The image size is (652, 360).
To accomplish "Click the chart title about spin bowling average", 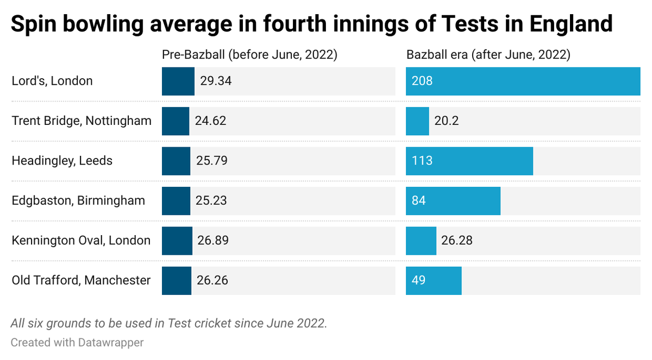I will click(x=311, y=24).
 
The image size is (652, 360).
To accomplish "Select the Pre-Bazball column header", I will click(x=250, y=55).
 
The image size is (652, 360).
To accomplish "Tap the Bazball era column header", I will click(x=488, y=55).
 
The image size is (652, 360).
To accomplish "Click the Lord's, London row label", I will click(x=52, y=81).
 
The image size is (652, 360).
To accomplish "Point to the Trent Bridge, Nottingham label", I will click(x=81, y=121).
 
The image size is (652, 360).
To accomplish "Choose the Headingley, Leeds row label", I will click(x=62, y=161).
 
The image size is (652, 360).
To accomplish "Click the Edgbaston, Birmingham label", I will click(x=78, y=200).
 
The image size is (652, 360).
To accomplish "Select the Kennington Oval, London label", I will click(x=81, y=240).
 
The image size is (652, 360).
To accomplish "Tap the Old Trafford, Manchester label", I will click(x=81, y=280).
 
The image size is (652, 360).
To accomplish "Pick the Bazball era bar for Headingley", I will click(x=469, y=161).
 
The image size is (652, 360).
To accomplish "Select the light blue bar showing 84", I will click(x=453, y=200).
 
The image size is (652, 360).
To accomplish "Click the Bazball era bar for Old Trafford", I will click(x=434, y=280).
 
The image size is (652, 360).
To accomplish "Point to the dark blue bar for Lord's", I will click(x=178, y=81).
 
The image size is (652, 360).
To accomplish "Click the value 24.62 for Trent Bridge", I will click(x=210, y=121).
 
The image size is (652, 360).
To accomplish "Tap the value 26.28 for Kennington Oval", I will click(x=456, y=240).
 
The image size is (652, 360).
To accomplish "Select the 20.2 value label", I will click(x=447, y=121).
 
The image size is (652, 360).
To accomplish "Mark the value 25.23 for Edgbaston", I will click(x=211, y=200).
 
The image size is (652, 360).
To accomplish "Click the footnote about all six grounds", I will click(x=169, y=323).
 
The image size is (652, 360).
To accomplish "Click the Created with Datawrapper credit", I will click(x=77, y=343).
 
